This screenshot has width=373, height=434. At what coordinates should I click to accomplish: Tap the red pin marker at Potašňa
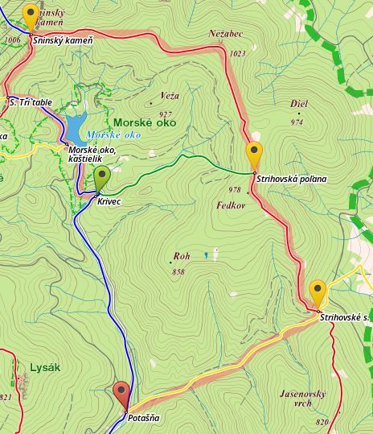click(x=122, y=394)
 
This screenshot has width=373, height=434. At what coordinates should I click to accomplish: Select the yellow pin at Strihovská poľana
click(x=254, y=154)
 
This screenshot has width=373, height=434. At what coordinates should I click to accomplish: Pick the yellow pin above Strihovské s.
click(x=318, y=291)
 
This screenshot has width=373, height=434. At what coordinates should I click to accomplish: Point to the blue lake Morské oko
click(x=75, y=127)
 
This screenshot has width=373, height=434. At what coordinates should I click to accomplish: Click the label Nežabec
click(x=226, y=35)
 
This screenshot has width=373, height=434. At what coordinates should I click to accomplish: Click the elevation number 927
click(x=166, y=114)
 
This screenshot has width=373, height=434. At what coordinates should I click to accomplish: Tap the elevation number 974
click(x=297, y=122)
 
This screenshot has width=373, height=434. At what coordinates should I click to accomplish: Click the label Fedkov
click(x=230, y=205)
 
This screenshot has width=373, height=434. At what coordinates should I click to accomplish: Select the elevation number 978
click(x=235, y=190)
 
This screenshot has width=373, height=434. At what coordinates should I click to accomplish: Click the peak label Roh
click(x=181, y=257)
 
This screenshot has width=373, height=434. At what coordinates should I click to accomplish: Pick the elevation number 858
click(x=178, y=271)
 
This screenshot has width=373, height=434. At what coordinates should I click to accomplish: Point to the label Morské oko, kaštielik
click(x=92, y=155)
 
